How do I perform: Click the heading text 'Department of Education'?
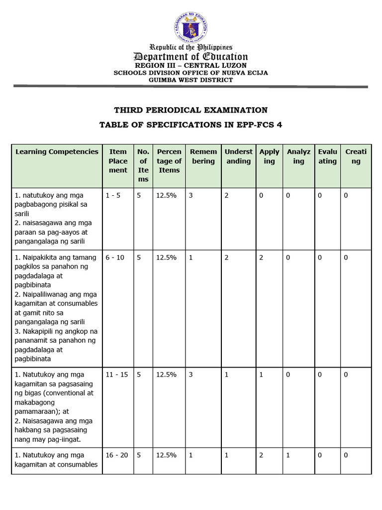tap(191, 57)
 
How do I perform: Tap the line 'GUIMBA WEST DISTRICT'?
tap(191, 80)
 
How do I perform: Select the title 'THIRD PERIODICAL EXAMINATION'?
tap(191, 110)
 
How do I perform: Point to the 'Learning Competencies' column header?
tap(57, 151)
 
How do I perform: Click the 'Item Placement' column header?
tap(118, 160)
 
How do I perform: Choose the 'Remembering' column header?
tap(203, 156)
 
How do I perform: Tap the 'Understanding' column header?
tap(238, 156)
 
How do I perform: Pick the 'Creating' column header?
tap(356, 156)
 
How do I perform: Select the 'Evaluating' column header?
tap(327, 156)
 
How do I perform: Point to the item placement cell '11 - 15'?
tap(116, 375)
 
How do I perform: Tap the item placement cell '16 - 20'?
tap(116, 455)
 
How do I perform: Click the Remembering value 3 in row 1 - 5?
tap(191, 196)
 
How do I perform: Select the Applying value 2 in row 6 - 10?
tap(261, 257)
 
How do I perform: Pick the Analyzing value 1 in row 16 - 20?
tap(288, 455)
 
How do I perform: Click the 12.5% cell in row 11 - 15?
tap(166, 375)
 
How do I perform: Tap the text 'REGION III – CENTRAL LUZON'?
tap(191, 66)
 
